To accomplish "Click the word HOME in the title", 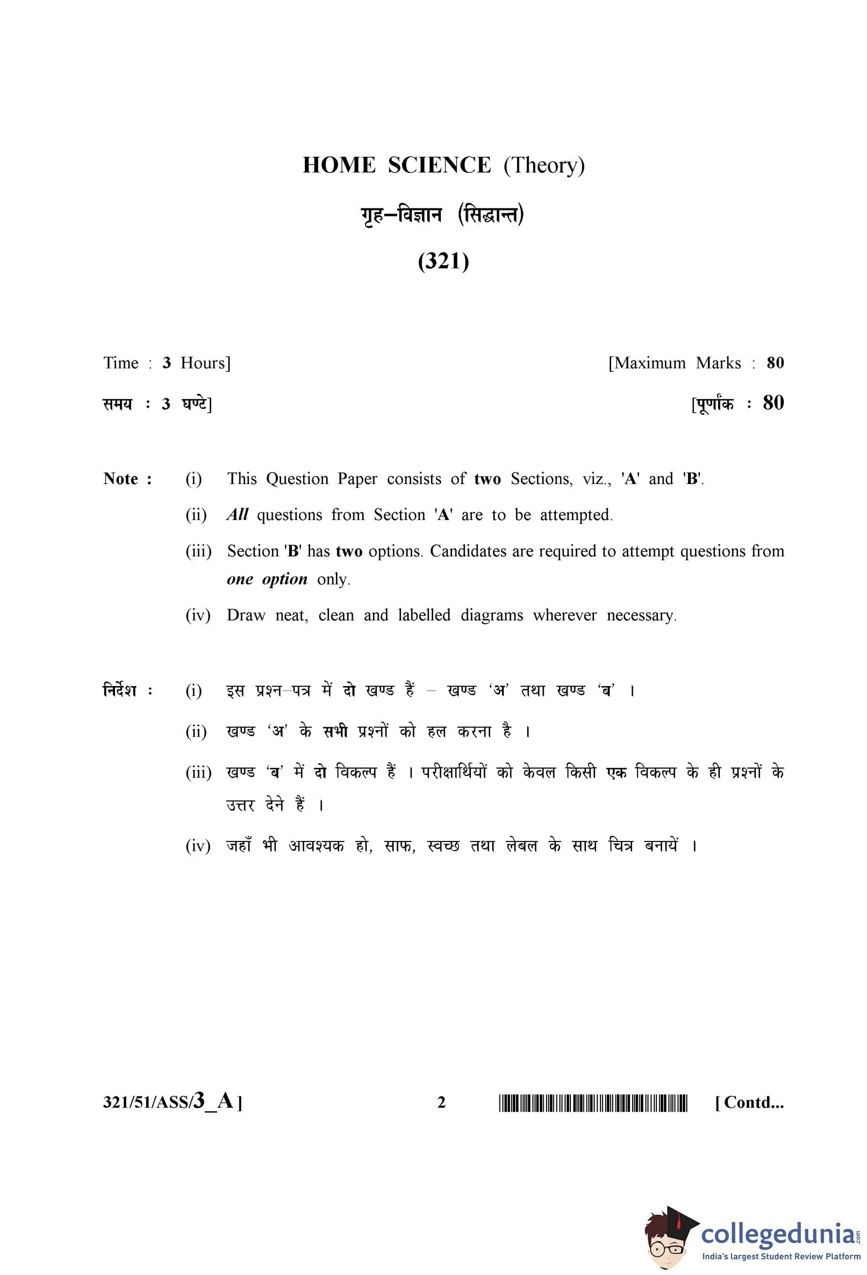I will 339,165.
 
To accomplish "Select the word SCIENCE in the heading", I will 439,165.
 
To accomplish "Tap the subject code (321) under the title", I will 443,261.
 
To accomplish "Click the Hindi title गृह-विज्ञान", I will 401,215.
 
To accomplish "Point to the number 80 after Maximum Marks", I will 775,363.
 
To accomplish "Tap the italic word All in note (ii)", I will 237,515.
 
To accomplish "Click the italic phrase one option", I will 267,579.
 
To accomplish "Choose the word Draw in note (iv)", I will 246,615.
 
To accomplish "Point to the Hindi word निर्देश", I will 120,690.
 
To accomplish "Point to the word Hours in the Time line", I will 205,363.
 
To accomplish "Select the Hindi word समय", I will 118,404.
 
